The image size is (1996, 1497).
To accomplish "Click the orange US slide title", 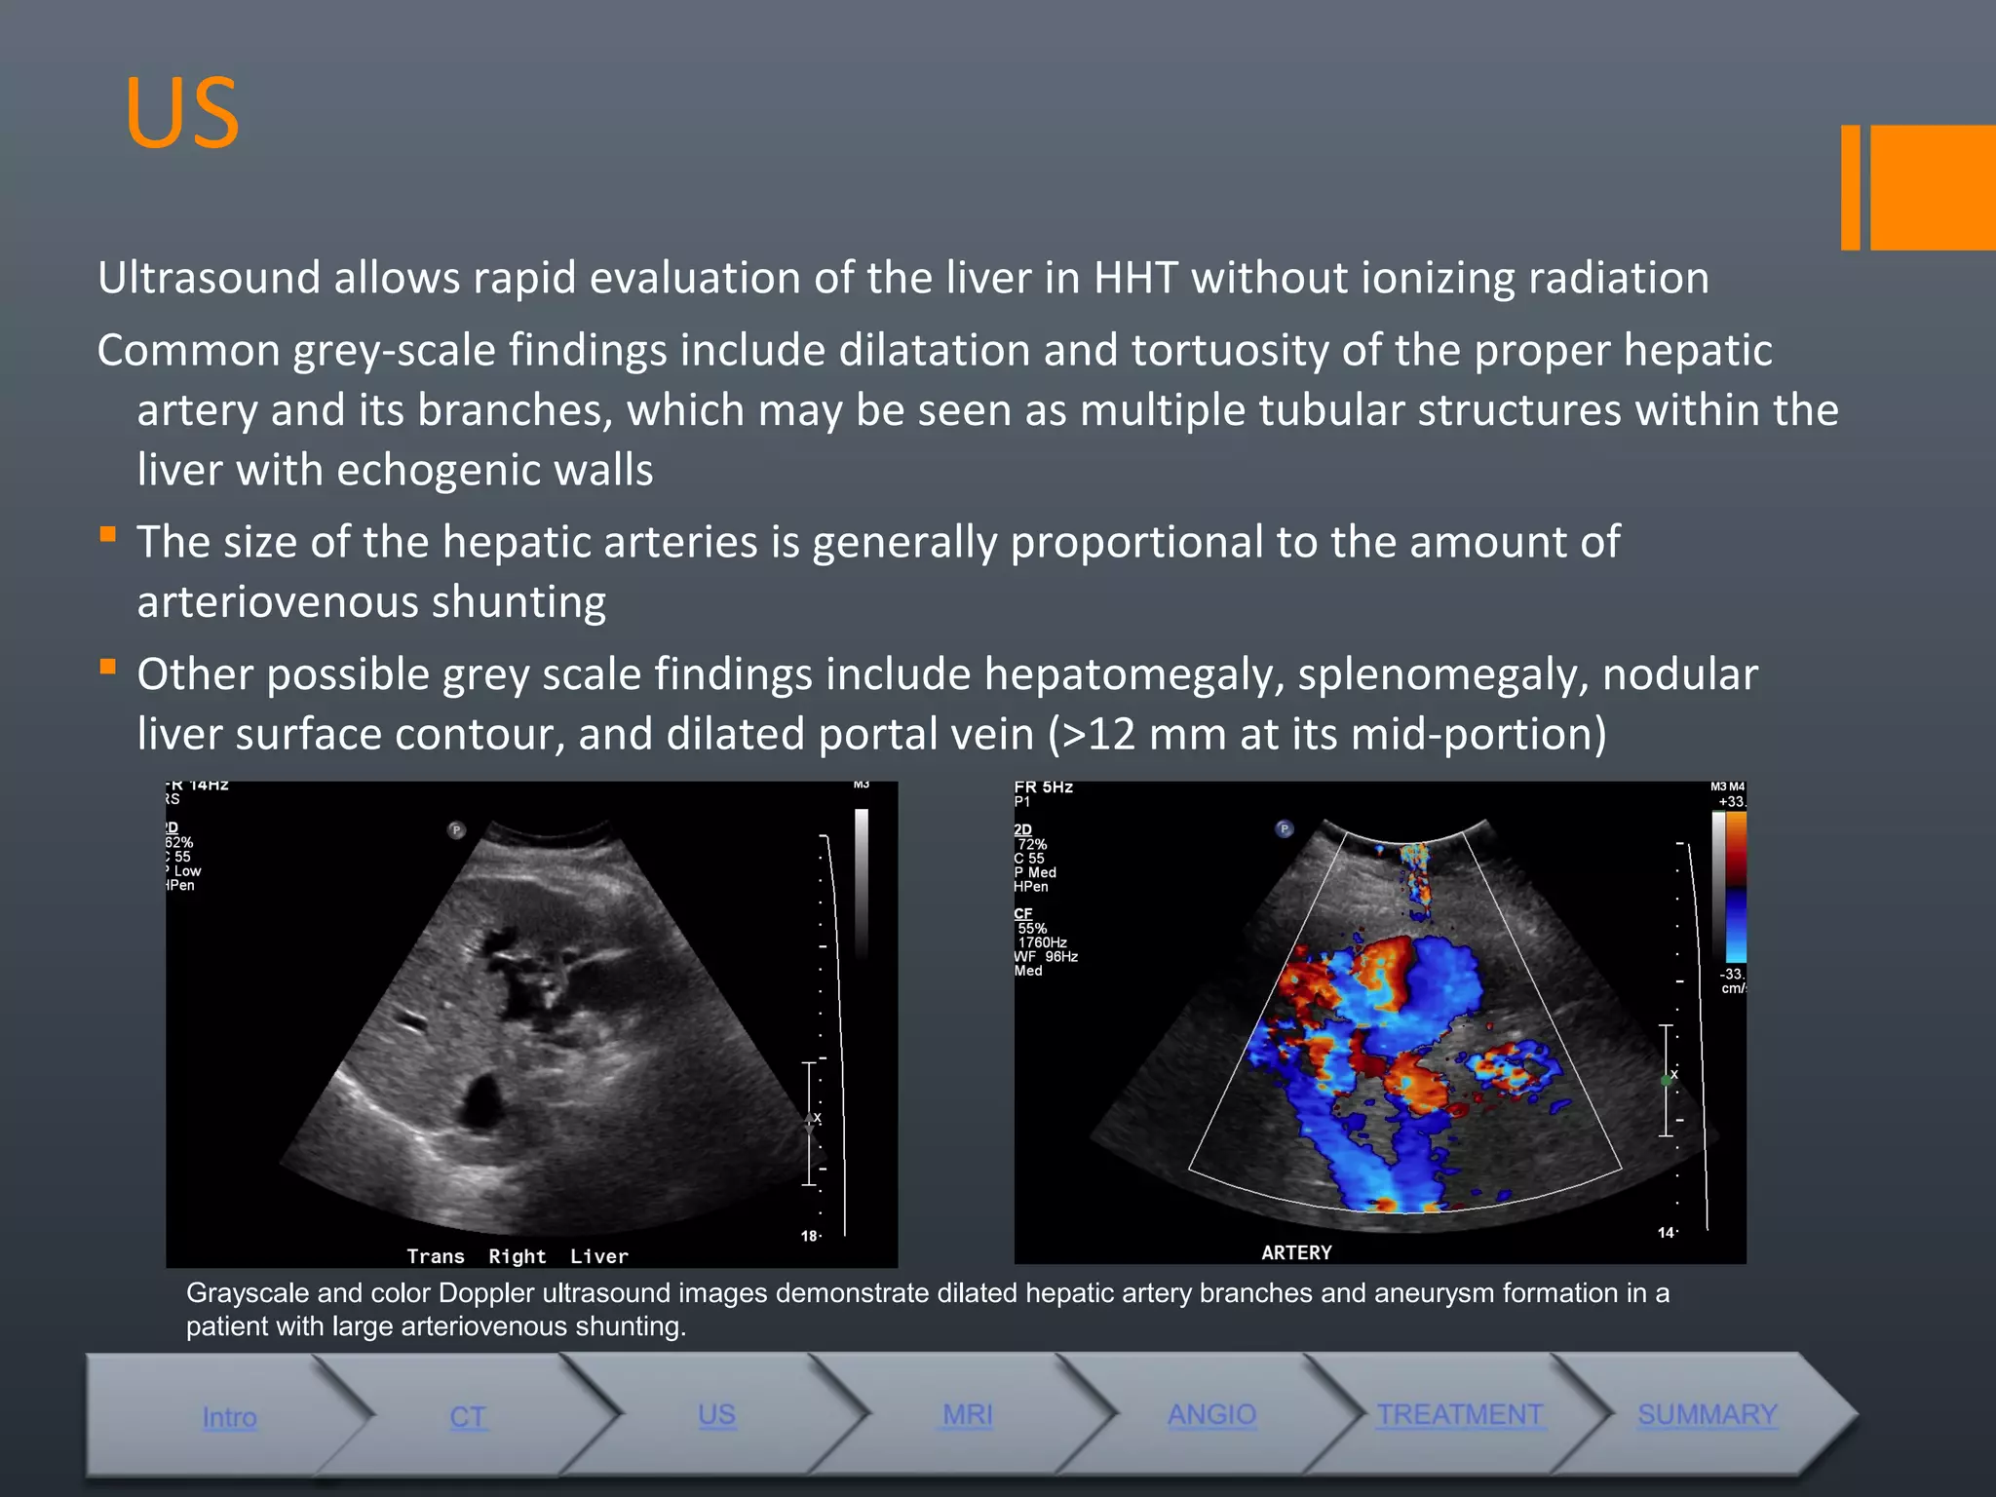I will tap(182, 113).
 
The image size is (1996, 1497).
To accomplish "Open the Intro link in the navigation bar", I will tap(230, 1417).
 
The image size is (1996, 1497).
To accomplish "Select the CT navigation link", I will tap(468, 1417).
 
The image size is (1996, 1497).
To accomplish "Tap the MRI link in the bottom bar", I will tap(968, 1414).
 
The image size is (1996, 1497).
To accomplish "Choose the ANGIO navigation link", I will tap(1212, 1414).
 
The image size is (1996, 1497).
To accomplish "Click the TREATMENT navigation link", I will tap(1459, 1414).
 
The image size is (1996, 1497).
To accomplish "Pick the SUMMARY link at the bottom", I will tap(1708, 1414).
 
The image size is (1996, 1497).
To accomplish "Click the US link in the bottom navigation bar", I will tap(717, 1415).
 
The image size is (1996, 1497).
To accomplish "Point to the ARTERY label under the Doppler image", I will tap(1296, 1252).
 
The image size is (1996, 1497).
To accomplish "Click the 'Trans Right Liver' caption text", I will tap(518, 1256).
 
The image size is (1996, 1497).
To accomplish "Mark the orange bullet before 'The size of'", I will tap(108, 534).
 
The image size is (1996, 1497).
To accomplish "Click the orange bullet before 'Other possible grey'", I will tap(108, 668).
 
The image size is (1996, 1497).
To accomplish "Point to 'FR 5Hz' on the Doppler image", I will tap(1044, 787).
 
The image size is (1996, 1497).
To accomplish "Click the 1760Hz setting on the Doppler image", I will tap(1042, 942).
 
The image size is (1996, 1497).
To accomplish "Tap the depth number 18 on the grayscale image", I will tap(809, 1236).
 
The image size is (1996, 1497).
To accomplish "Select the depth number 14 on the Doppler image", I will tap(1666, 1233).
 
